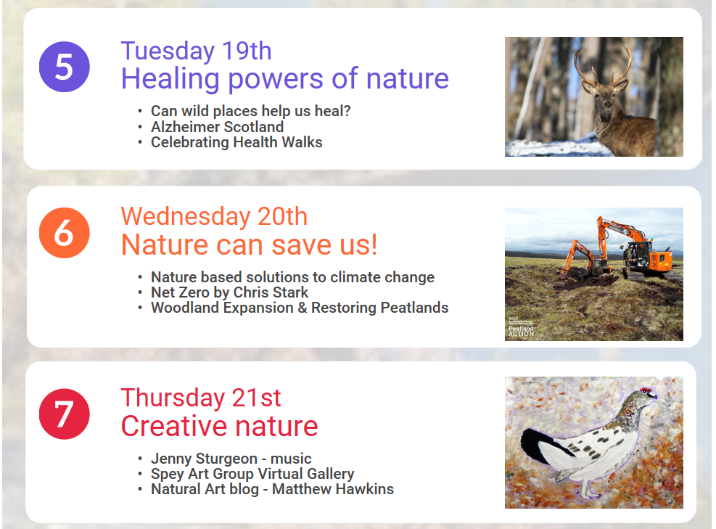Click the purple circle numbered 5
(65, 67)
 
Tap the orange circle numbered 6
(65, 233)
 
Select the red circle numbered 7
(65, 414)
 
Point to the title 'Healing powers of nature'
(285, 78)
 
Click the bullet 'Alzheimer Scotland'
(218, 126)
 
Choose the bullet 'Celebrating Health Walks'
(236, 142)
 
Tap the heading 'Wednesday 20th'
(214, 216)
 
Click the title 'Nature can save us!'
(250, 245)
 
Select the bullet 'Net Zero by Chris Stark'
(230, 292)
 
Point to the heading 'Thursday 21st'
(201, 398)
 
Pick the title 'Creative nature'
(219, 426)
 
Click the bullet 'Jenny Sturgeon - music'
(231, 458)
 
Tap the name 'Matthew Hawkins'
(333, 489)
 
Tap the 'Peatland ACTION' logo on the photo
(521, 330)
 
